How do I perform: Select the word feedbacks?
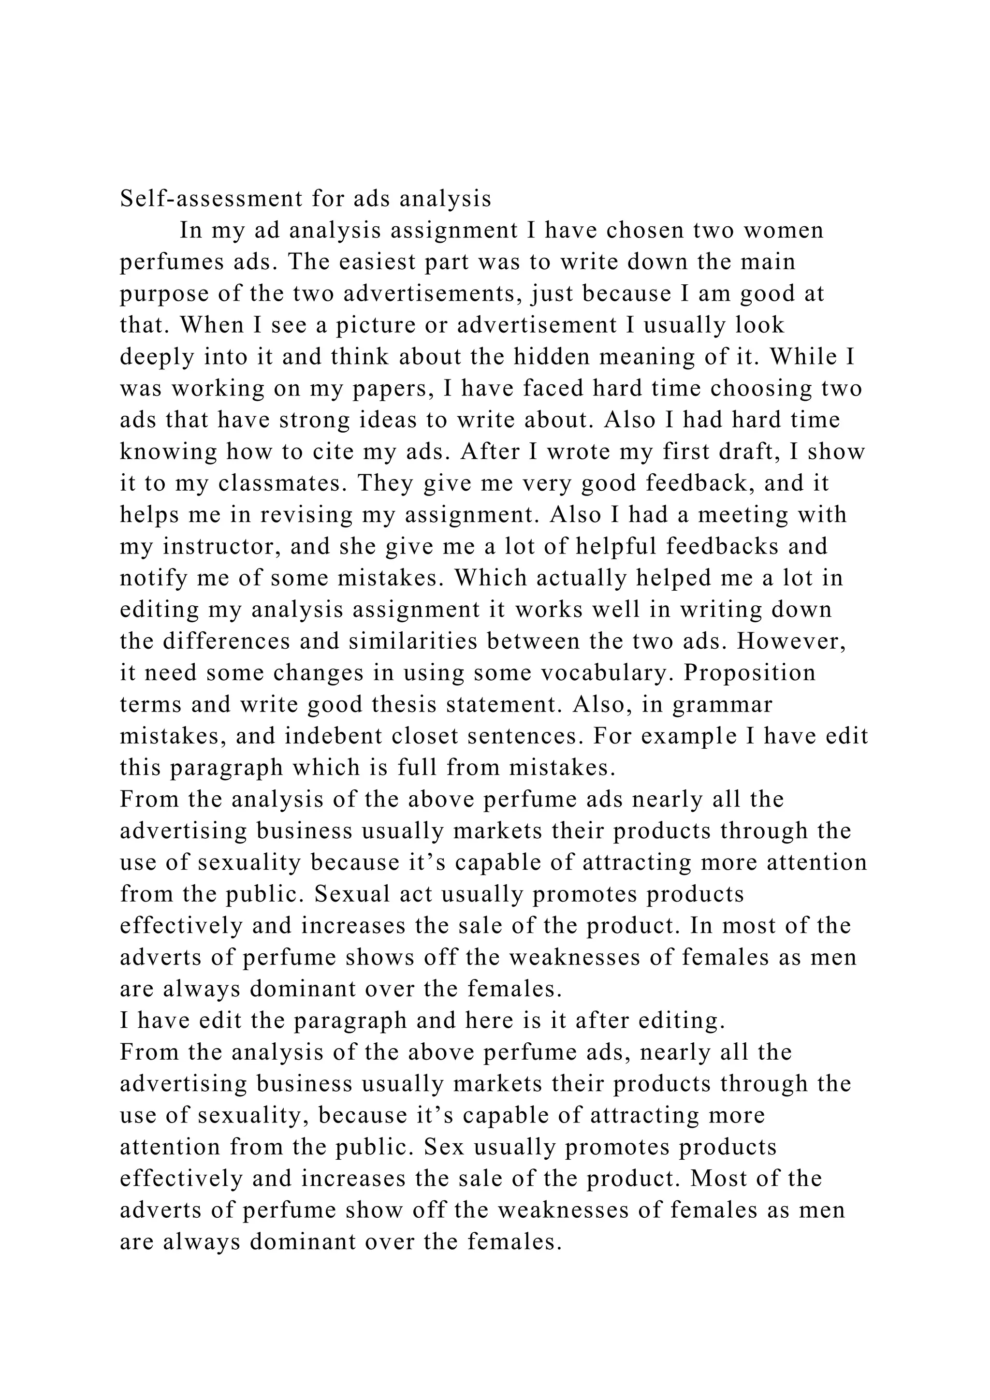pos(722,546)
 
